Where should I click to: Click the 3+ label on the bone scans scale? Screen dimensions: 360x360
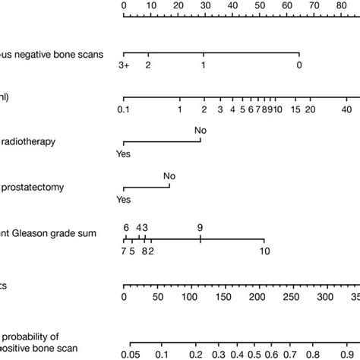(125, 66)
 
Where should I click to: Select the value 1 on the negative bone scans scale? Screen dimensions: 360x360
(204, 66)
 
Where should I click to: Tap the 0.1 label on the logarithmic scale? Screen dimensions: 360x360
(124, 110)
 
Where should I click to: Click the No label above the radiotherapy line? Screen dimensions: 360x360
(201, 131)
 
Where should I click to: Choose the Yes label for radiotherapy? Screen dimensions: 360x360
(123, 154)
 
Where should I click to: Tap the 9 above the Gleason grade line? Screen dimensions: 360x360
(200, 227)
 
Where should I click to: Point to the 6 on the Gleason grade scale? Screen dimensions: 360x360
(126, 227)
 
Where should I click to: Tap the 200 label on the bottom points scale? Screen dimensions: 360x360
(258, 297)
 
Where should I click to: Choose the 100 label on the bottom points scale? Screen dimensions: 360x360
(191, 297)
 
